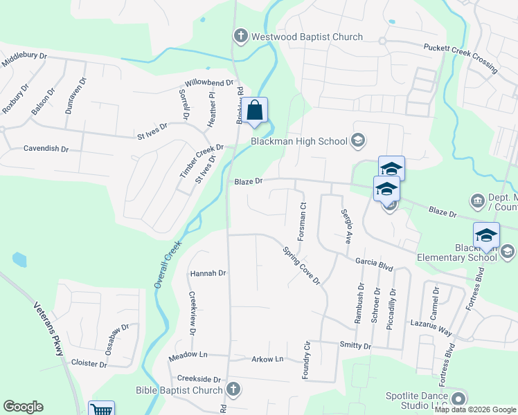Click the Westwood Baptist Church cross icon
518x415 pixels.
241,36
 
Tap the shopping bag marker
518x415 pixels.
255,111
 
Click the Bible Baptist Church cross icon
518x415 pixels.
234,389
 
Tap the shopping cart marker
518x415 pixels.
102,409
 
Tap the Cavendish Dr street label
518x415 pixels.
46,149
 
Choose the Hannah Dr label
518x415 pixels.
208,273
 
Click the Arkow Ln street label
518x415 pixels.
267,359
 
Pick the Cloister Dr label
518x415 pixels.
89,364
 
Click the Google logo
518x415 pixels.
23,407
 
